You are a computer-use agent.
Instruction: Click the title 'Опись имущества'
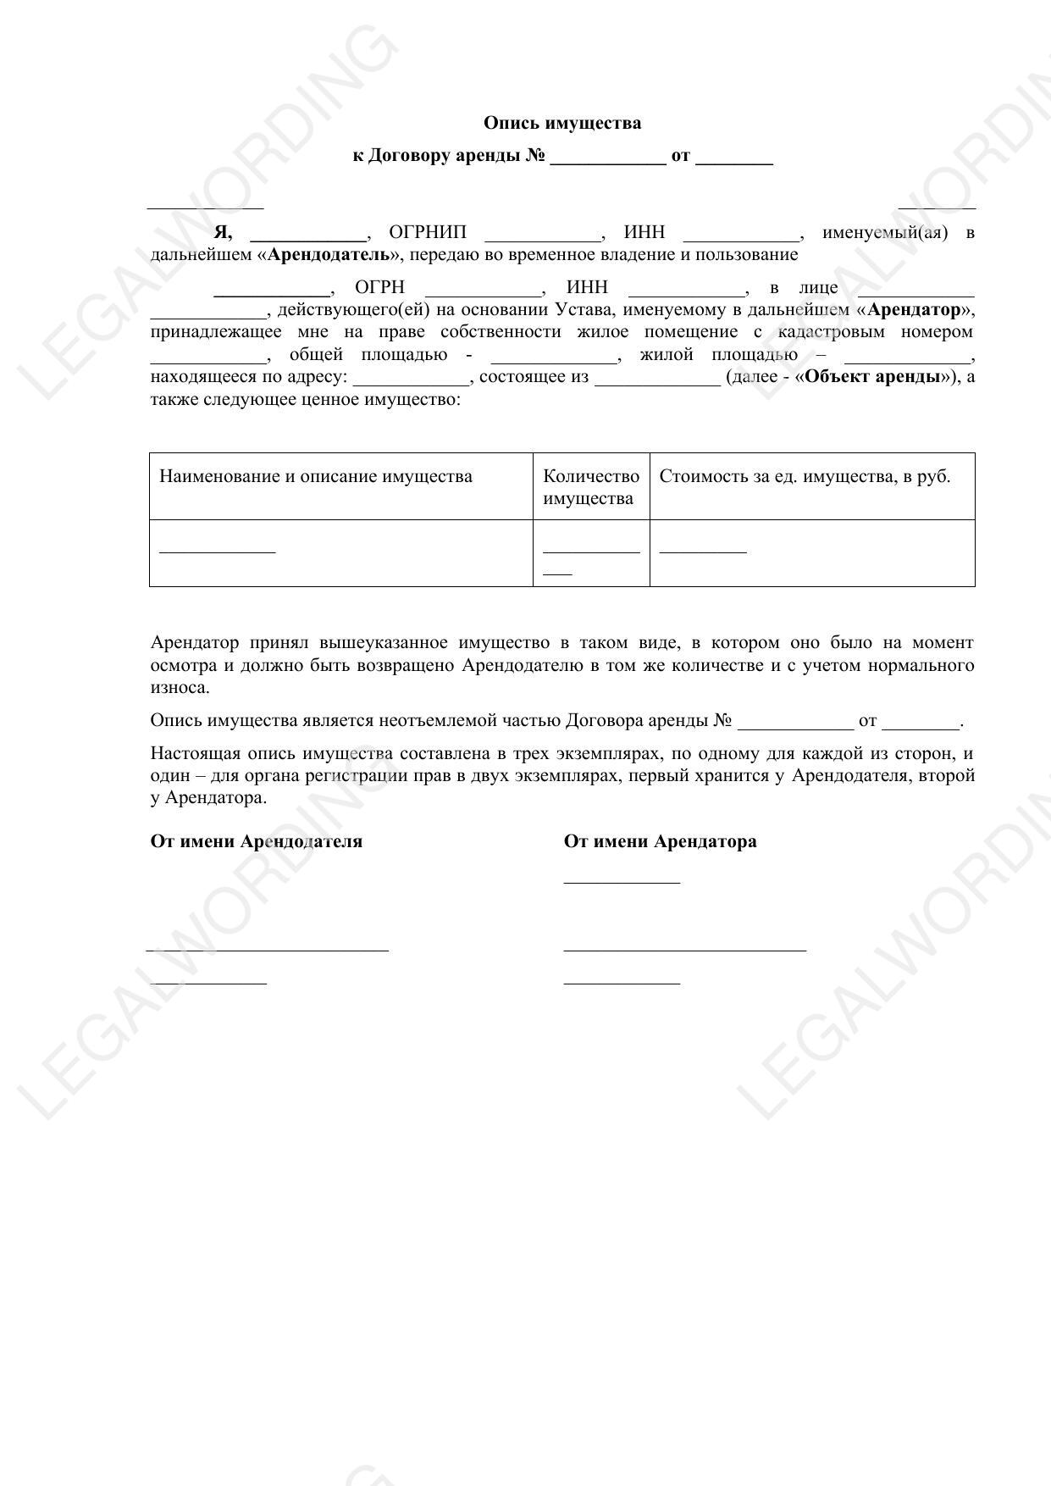pyautogui.click(x=562, y=124)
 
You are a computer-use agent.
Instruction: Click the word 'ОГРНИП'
pyautogui.click(x=427, y=233)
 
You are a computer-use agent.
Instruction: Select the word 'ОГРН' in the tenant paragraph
pyautogui.click(x=379, y=288)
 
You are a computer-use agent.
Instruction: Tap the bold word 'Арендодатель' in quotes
pyautogui.click(x=329, y=255)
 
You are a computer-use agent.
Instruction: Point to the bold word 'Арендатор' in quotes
pyautogui.click(x=914, y=310)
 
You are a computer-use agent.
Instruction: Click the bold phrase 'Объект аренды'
pyautogui.click(x=872, y=377)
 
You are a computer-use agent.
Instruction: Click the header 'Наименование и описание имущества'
pyautogui.click(x=316, y=476)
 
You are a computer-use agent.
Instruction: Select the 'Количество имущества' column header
pyautogui.click(x=590, y=487)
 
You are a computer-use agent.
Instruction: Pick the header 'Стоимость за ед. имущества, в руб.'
pyautogui.click(x=805, y=476)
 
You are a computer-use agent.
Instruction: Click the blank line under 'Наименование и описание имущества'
pyautogui.click(x=218, y=551)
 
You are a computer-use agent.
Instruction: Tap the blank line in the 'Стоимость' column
pyautogui.click(x=703, y=551)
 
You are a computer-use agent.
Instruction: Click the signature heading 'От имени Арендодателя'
pyautogui.click(x=256, y=842)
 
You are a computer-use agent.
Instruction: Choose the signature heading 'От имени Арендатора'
pyautogui.click(x=660, y=842)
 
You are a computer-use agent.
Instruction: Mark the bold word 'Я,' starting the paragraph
pyautogui.click(x=223, y=233)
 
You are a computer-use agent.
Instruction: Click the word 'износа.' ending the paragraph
pyautogui.click(x=180, y=688)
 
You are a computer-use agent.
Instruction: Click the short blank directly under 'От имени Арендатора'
pyautogui.click(x=622, y=881)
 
